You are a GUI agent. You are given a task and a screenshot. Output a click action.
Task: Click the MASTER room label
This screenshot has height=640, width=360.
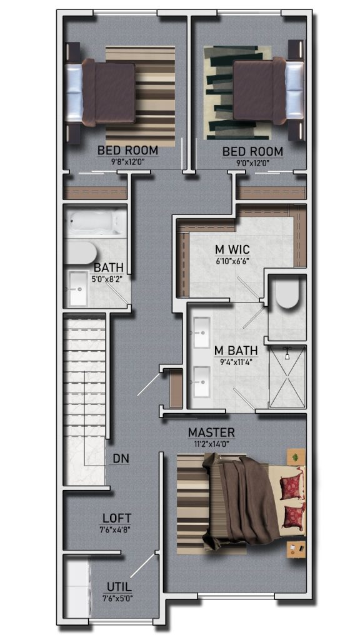point(211,432)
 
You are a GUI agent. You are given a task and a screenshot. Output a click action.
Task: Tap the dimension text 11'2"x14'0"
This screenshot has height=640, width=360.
point(211,443)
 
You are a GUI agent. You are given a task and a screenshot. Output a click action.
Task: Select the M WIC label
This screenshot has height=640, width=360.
point(232,249)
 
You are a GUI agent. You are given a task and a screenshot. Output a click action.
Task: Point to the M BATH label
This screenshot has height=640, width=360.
point(236,351)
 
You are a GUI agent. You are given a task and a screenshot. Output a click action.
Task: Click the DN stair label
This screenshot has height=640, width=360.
point(121,459)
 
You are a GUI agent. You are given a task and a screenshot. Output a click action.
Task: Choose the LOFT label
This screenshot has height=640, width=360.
point(117,518)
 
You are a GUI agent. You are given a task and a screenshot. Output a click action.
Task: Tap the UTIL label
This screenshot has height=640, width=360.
point(119,587)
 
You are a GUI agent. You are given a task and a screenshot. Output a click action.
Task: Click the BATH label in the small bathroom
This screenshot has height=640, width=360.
point(109,267)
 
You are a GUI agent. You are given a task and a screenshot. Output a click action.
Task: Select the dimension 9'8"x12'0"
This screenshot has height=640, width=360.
point(127,162)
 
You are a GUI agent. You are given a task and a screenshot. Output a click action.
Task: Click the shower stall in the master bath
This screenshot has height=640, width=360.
point(287,376)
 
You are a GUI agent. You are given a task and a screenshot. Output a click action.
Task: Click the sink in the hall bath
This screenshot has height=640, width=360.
point(78,289)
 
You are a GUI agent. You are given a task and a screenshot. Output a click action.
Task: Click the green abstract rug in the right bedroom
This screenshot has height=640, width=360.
point(237,92)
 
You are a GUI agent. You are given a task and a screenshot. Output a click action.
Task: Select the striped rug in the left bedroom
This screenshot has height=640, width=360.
point(141,96)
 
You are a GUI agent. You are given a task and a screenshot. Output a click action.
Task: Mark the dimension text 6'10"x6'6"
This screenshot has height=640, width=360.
point(232,260)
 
